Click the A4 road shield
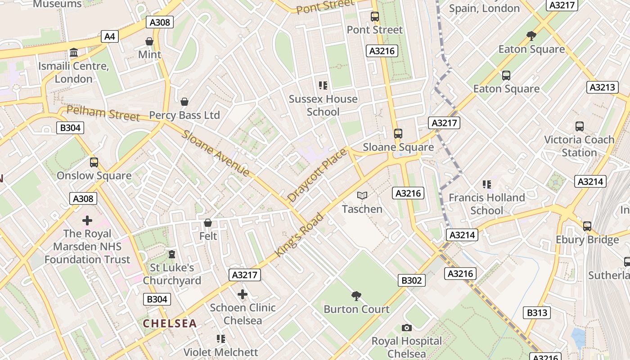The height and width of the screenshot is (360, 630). click(110, 36)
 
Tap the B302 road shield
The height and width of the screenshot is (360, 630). click(411, 280)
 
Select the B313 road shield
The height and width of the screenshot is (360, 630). click(537, 312)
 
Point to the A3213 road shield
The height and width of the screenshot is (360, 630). click(603, 87)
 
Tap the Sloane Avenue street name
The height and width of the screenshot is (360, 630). click(216, 153)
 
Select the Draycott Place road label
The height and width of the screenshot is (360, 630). click(317, 175)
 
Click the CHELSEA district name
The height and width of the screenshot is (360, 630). click(170, 323)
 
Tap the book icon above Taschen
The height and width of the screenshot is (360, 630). click(362, 196)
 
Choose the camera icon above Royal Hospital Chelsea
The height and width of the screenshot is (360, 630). click(407, 328)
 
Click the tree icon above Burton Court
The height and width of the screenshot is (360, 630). click(356, 296)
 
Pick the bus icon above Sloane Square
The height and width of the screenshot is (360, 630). click(398, 134)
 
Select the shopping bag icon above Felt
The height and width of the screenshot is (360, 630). click(208, 223)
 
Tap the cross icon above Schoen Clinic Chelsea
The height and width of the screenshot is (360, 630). click(243, 294)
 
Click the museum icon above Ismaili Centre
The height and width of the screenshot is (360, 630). click(74, 53)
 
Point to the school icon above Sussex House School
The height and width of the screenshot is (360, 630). click(323, 85)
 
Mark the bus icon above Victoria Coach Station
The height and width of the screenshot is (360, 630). click(580, 126)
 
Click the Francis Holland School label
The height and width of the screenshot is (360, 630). click(487, 204)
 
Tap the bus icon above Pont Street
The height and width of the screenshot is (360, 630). click(375, 17)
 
